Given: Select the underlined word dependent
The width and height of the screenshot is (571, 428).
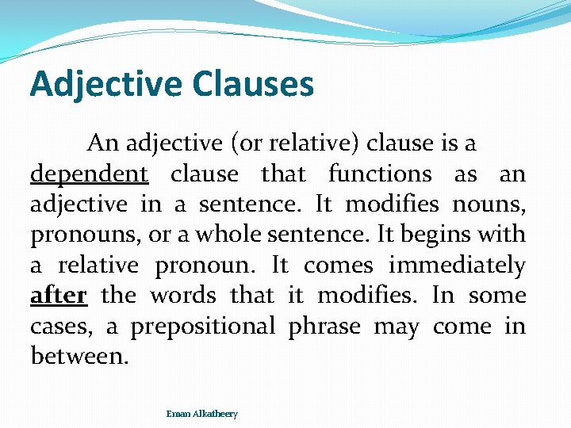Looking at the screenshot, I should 89,174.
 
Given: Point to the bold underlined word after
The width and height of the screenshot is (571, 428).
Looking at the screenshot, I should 58,296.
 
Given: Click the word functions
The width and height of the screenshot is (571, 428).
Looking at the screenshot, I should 380,174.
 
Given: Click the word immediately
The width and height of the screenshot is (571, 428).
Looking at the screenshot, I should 457,266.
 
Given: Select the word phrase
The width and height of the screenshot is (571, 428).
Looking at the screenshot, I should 324,327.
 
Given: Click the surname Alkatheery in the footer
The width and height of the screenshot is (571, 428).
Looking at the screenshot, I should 213,414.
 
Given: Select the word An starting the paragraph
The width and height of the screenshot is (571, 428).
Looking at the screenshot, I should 102,143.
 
